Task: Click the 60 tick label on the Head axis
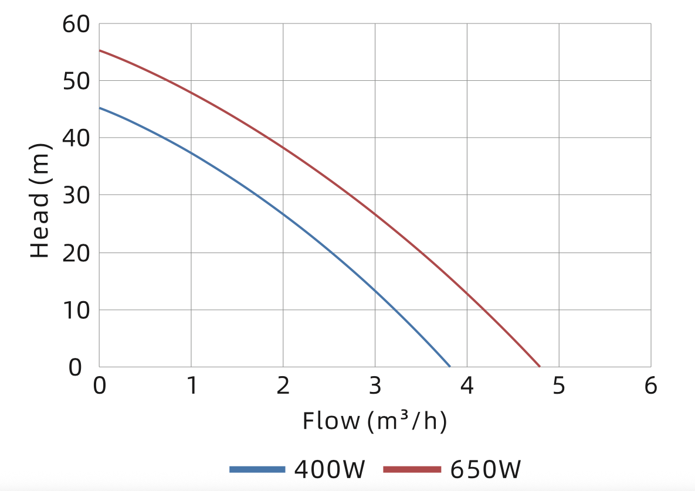click(x=76, y=25)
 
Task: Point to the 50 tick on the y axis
click(x=76, y=81)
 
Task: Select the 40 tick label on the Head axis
click(x=76, y=138)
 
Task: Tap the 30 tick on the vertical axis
click(x=76, y=195)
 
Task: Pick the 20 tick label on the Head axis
click(x=76, y=253)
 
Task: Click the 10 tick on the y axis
click(x=76, y=310)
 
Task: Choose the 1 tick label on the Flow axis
click(x=191, y=387)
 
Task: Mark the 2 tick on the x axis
click(x=283, y=387)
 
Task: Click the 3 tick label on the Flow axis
click(x=375, y=387)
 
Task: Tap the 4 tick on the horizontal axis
click(x=467, y=387)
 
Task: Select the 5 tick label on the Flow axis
click(x=559, y=387)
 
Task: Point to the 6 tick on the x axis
click(x=650, y=387)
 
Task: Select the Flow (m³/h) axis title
click(x=375, y=421)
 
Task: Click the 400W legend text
click(x=330, y=469)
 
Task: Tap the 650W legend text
click(x=486, y=469)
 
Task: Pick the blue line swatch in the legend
click(x=257, y=469)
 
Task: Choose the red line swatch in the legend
click(x=412, y=469)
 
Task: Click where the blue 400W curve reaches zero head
click(x=450, y=366)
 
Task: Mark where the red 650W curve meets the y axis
click(x=100, y=50)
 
